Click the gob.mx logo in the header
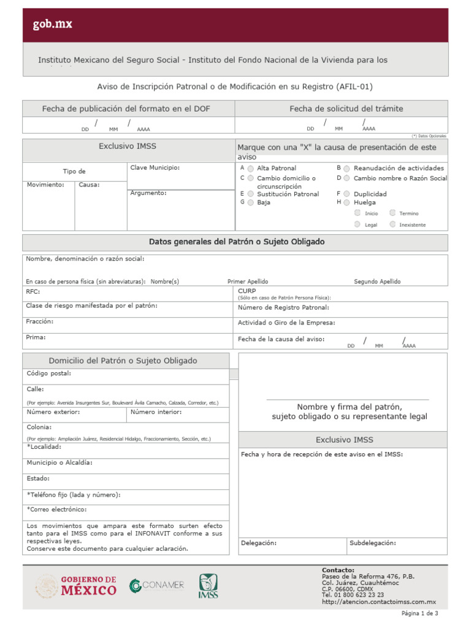[52, 25]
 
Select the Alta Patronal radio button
[251, 169]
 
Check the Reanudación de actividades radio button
[347, 168]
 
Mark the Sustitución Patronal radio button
[251, 194]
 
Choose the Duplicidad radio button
[347, 194]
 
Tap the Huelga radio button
[347, 202]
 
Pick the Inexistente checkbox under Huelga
[392, 224]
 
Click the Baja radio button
[251, 202]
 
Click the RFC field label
[33, 292]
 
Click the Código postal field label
[49, 373]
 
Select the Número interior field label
[156, 412]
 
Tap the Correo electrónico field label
[57, 509]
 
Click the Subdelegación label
[373, 543]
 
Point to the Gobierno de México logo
[76, 586]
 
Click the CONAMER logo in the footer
[156, 585]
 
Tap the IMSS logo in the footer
[207, 586]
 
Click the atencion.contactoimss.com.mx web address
[378, 602]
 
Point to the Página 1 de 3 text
[419, 613]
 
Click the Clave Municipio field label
[155, 167]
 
